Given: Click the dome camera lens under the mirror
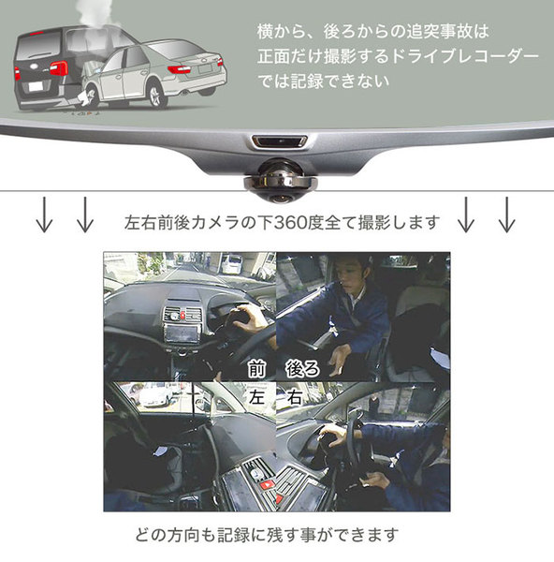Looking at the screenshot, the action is click(280, 198).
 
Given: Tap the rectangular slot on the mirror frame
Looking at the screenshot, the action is click(280, 140).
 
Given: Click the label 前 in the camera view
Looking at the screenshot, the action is click(256, 369).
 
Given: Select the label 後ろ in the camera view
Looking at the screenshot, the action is click(302, 369).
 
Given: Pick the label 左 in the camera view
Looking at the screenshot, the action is click(256, 397).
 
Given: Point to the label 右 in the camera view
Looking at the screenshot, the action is click(294, 397).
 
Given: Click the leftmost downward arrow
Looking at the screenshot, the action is click(44, 214).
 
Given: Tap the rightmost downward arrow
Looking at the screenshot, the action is click(506, 214).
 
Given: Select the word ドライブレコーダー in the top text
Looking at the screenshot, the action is click(465, 56).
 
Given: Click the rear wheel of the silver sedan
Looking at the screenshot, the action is click(155, 95).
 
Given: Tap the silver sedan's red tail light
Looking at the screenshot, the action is click(179, 69).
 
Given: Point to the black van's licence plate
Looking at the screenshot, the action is click(36, 86).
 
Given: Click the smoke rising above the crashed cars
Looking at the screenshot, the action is click(95, 14).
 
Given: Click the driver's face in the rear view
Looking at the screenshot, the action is click(349, 276).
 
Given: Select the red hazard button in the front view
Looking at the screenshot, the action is click(183, 316).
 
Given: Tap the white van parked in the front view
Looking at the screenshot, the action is click(231, 264).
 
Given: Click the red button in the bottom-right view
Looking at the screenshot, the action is click(268, 485).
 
